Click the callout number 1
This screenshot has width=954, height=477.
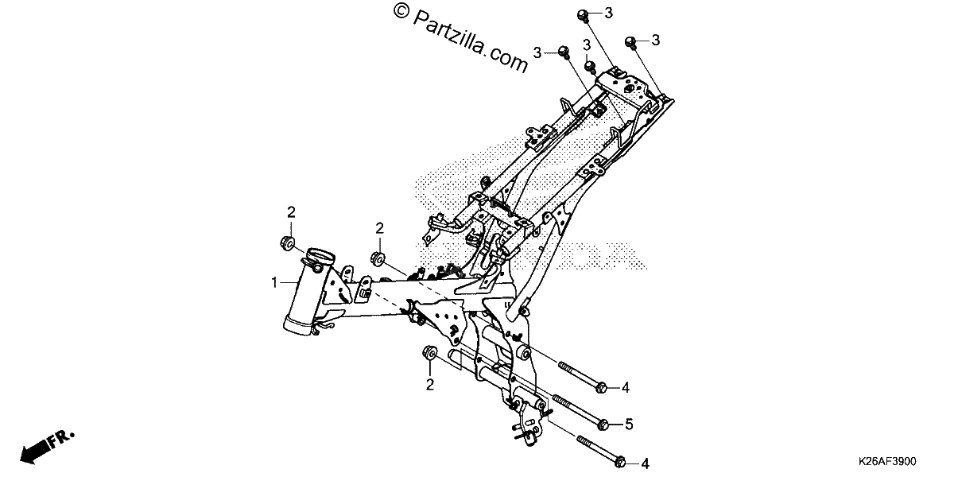coord(274,282)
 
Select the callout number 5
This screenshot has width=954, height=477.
coord(629,425)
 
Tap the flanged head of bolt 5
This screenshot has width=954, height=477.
coord(603,425)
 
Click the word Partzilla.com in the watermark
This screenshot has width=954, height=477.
coord(471,41)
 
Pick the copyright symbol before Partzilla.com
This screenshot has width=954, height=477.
coord(401,10)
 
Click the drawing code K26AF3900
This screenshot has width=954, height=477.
coord(887,461)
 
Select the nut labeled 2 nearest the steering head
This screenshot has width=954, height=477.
coord(288,243)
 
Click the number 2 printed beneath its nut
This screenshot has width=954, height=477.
coord(430,385)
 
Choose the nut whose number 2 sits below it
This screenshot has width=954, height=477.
coord(429,353)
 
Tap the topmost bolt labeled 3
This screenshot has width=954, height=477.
coord(583,16)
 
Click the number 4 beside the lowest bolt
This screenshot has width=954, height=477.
coord(646,463)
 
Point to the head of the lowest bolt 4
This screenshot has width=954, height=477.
coord(621,462)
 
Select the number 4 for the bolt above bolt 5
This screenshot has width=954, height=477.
coord(625,388)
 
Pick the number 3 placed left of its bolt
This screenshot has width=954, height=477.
coord(537,52)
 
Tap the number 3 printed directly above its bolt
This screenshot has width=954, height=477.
coord(587,45)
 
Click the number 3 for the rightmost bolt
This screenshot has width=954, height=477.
coord(655,40)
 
